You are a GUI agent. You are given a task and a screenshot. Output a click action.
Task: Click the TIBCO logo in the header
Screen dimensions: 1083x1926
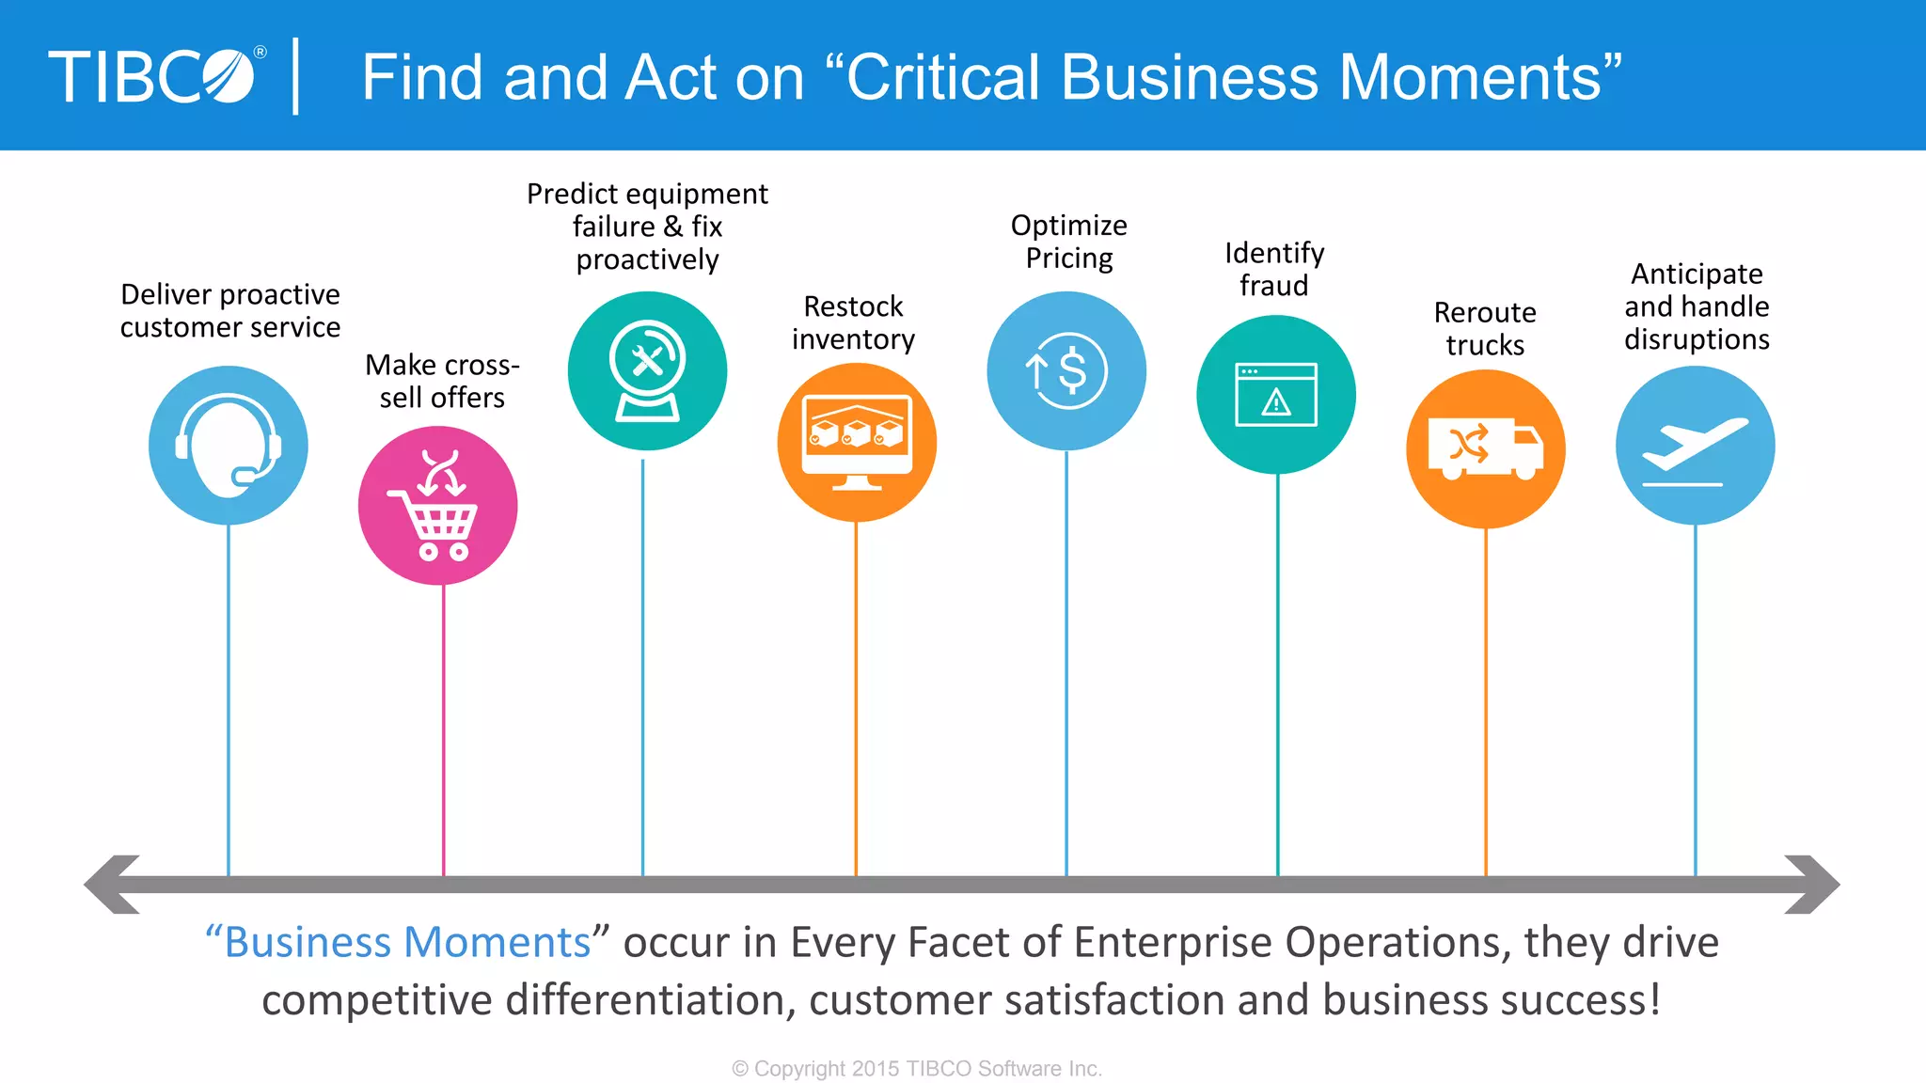coord(155,76)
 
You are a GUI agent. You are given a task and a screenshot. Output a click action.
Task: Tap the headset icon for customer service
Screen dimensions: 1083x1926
coord(229,445)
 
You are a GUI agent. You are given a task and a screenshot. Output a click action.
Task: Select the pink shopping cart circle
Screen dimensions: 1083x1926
coord(438,506)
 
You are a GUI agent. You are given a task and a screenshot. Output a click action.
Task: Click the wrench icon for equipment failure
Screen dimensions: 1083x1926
coord(647,370)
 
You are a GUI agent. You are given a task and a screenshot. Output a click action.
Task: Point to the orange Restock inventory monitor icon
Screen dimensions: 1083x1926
coord(857,442)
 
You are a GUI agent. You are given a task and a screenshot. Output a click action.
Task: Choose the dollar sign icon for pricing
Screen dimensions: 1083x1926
coord(1066,370)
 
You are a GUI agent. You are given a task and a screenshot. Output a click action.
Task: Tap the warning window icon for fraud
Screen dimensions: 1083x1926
coord(1276,395)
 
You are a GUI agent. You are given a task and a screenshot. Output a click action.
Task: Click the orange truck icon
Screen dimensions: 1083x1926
coord(1486,448)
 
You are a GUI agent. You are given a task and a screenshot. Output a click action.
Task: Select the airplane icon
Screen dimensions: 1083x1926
coord(1695,445)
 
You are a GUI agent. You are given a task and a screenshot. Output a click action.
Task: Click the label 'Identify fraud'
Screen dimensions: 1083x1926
coord(1274,269)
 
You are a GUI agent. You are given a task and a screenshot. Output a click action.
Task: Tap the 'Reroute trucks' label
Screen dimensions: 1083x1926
coord(1485,328)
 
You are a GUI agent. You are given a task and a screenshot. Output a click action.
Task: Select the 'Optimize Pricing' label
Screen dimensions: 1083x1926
coord(1068,241)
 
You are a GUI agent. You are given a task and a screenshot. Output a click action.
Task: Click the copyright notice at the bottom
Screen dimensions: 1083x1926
coord(917,1069)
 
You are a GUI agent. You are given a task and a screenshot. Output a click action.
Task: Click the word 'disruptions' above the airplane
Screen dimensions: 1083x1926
coord(1697,339)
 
